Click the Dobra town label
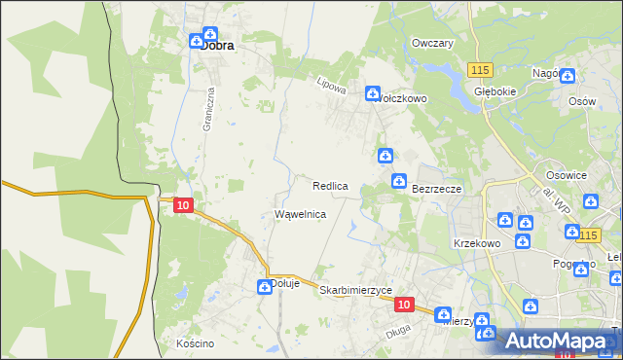coord(222,44)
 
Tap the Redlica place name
coord(330,185)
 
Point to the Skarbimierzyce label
coord(355,290)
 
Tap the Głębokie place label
coord(493,91)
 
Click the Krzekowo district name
coord(476,242)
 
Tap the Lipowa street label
coord(332,86)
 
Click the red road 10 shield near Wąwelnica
coord(182,204)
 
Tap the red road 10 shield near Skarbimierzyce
coord(405,305)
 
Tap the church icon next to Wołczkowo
coord(373,94)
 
